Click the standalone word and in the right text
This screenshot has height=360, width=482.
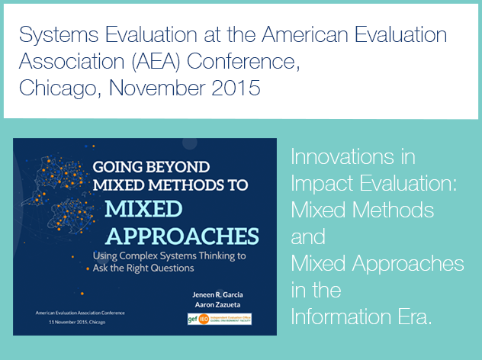tap(307, 236)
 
